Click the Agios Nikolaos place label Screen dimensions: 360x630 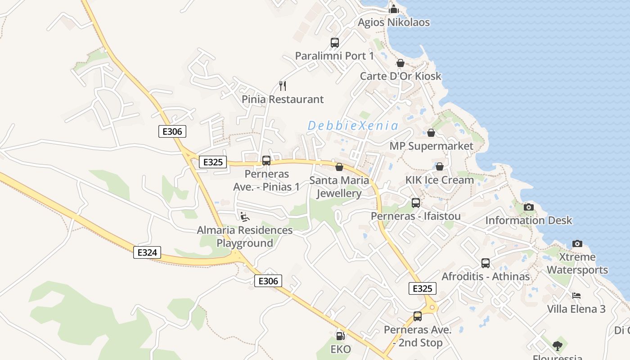pos(394,22)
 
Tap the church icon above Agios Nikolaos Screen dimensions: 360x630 pos(394,9)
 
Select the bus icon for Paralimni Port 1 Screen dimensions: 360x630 pos(335,43)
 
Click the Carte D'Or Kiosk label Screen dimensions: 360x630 pos(400,76)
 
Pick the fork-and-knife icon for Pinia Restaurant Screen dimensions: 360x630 pos(283,85)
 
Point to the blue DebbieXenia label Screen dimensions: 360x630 pos(353,126)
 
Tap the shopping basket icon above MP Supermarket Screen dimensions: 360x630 pos(431,133)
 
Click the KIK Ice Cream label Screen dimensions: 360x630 pos(440,180)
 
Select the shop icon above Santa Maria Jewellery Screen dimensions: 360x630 pos(339,167)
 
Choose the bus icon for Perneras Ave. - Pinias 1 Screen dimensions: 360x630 pos(266,160)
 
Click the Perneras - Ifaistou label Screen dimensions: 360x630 pos(416,216)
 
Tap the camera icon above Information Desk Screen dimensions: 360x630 pos(529,207)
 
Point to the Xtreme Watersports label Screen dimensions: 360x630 pos(577,264)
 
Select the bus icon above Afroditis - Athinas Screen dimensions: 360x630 pos(486,263)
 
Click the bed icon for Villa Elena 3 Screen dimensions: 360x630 pos(576,296)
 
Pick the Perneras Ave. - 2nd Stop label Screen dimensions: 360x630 pos(418,336)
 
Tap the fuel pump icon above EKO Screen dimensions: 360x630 pos(340,336)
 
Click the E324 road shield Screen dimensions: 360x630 pos(147,252)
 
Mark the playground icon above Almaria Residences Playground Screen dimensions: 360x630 pos(244,217)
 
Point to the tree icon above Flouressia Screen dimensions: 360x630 pos(558,346)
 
